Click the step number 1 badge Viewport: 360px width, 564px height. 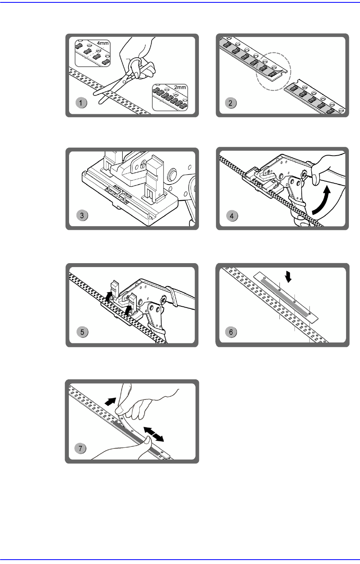pos(81,102)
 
